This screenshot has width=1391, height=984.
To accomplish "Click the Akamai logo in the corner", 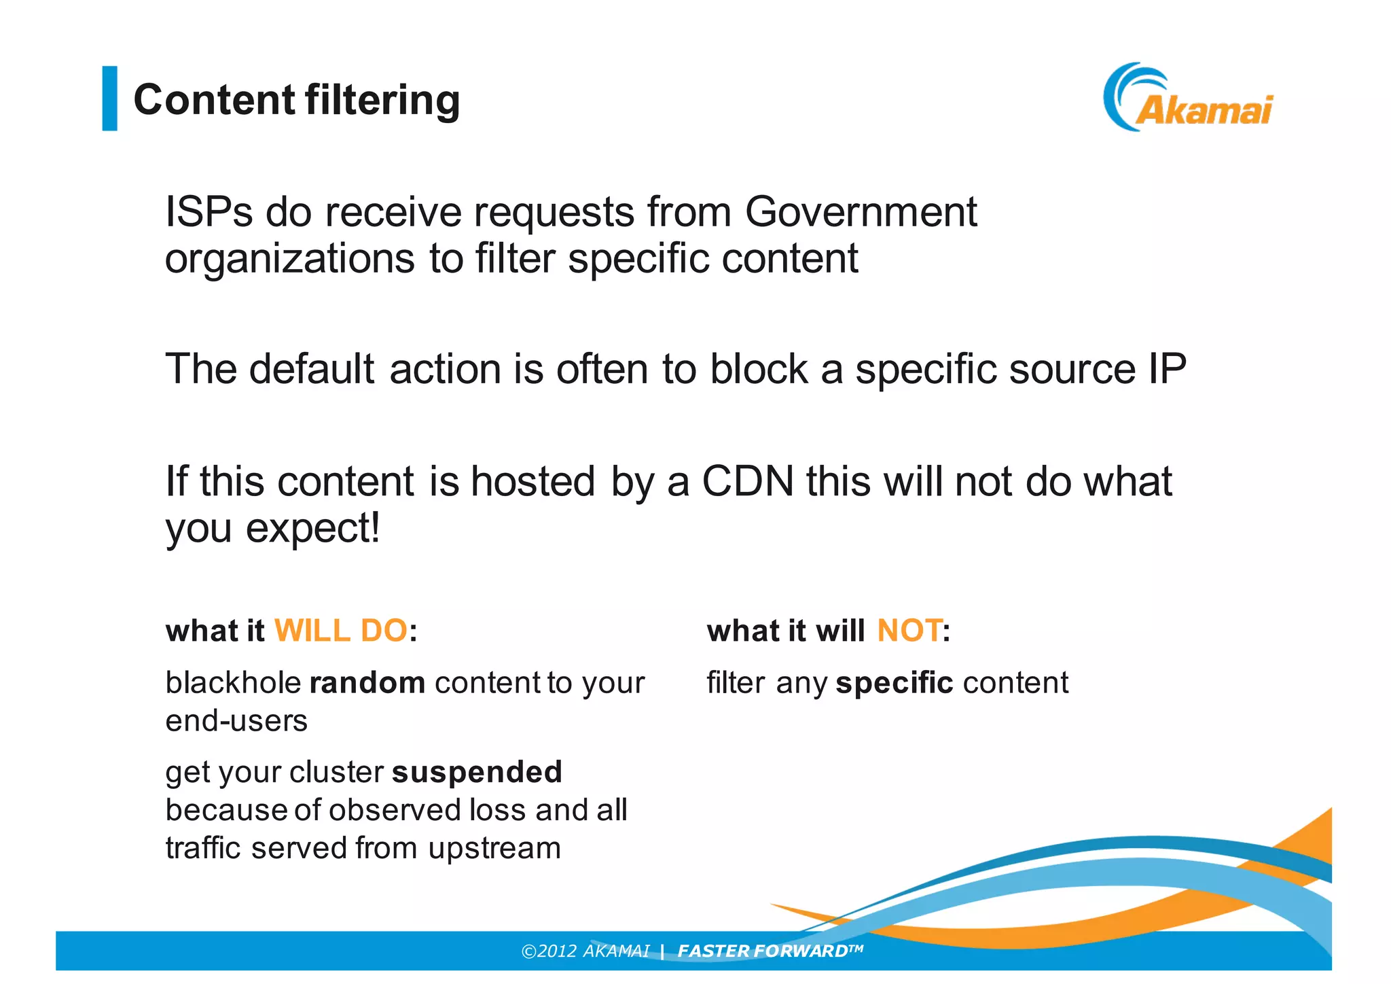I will (x=1188, y=98).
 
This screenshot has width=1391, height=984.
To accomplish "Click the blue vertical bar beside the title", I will (x=109, y=98).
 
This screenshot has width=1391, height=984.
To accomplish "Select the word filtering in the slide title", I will (x=382, y=100).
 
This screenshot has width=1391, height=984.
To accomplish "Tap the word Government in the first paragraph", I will (x=861, y=212).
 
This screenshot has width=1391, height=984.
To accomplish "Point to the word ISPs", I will (x=209, y=212).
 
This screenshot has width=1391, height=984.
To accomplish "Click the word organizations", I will (x=289, y=259).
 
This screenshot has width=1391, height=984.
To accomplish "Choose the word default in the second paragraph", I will (x=312, y=369).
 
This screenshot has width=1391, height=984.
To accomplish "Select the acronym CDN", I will (x=747, y=481).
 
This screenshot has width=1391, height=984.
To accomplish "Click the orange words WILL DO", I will (x=340, y=631).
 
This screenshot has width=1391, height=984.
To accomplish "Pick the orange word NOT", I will (x=909, y=631).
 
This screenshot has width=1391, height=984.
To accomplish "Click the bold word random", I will (x=367, y=683).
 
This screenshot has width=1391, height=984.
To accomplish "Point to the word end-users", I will (x=236, y=721).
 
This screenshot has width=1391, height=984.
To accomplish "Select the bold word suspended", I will (x=477, y=773).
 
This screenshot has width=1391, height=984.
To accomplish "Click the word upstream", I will (x=494, y=849).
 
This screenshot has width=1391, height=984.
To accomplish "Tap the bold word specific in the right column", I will (x=894, y=683).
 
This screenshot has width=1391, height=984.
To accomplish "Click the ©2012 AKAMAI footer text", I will (x=585, y=951).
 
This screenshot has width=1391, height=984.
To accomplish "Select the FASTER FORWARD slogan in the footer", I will (x=770, y=951).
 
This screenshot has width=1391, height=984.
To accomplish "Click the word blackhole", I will (x=233, y=683).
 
